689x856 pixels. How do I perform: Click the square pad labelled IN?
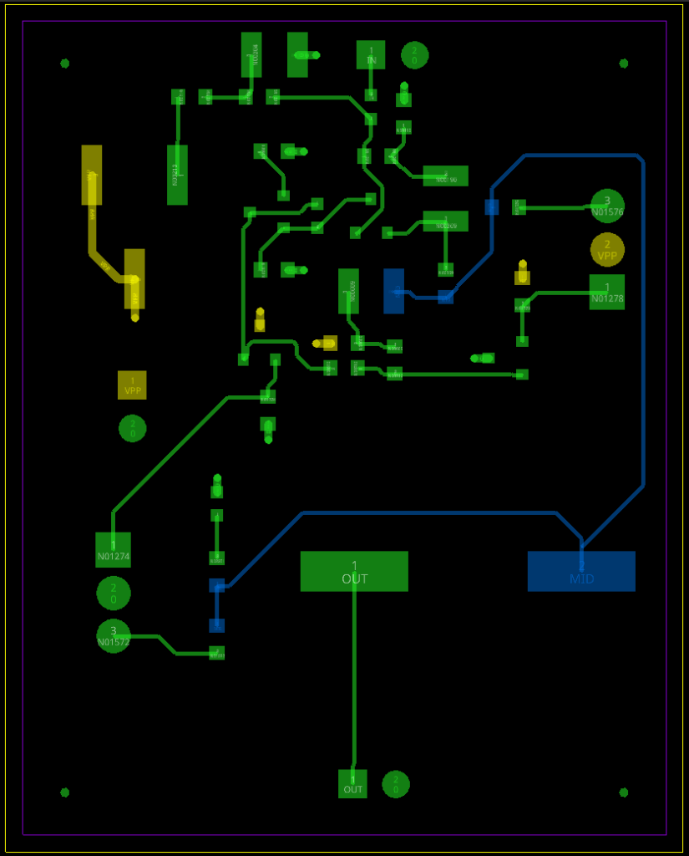[371, 55]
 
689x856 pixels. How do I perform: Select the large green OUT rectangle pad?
[354, 571]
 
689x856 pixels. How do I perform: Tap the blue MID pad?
[581, 571]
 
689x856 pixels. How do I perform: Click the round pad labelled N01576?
[607, 206]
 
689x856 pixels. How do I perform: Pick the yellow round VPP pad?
[607, 249]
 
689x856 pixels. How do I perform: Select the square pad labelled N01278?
[607, 292]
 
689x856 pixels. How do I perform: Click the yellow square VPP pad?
[132, 385]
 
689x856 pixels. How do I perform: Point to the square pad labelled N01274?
[113, 549]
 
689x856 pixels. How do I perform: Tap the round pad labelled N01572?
[114, 635]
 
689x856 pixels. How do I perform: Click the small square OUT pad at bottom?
[353, 783]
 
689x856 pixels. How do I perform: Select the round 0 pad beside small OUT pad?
[396, 784]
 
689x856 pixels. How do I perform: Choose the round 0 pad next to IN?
[414, 55]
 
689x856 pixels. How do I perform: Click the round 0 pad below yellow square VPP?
[132, 428]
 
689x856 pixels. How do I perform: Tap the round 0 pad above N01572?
[114, 593]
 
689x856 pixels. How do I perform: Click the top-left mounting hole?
[65, 64]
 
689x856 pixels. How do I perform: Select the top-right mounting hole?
[623, 64]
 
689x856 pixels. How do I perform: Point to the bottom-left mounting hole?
[65, 792]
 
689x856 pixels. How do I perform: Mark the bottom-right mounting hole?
[623, 792]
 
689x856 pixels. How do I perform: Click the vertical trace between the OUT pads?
[354, 677]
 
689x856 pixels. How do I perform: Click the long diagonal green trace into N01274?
[167, 456]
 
